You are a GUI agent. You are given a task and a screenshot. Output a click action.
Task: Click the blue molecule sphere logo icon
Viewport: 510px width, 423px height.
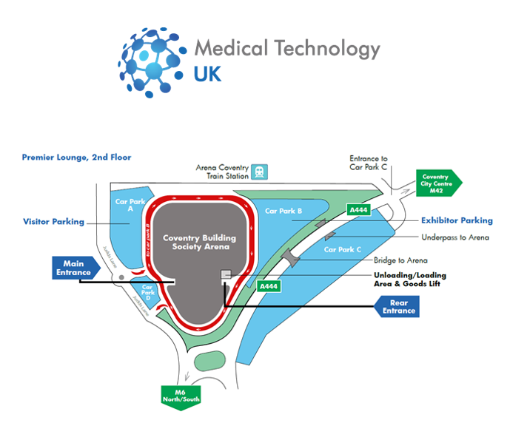153,57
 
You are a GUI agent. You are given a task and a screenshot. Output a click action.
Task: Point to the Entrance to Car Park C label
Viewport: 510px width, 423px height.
369,163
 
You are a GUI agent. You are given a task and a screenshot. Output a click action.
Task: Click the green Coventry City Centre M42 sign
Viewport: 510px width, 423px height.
436,181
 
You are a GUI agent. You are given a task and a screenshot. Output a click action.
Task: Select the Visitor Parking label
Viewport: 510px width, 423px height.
53,221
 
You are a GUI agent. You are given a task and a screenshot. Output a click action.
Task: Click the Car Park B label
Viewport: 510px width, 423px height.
283,211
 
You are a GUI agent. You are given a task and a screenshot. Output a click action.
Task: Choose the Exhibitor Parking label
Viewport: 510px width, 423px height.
457,220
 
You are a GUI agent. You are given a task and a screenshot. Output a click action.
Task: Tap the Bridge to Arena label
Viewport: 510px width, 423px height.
402,260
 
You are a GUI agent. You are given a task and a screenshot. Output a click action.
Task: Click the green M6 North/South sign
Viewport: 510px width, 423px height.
181,396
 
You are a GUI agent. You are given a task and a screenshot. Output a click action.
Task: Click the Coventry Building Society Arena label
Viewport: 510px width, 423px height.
197,242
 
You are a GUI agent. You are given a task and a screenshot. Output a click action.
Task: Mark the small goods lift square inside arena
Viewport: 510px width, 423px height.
226,274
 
